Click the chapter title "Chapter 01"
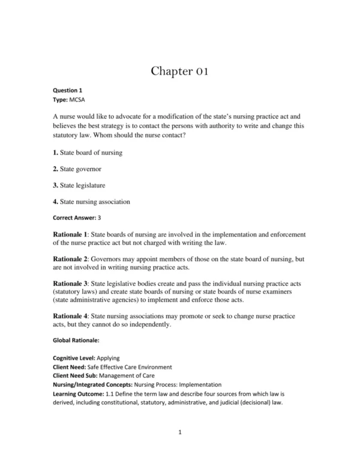[179, 73]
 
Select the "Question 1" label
[68, 90]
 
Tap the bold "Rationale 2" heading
[71, 258]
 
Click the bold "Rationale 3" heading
[71, 283]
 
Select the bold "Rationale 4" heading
[71, 316]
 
